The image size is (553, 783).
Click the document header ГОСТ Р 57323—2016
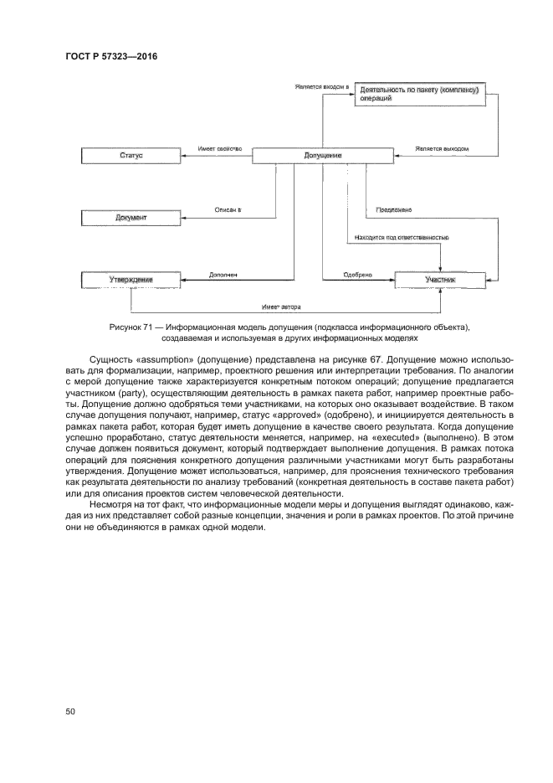coord(111,57)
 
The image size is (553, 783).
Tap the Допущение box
coord(322,156)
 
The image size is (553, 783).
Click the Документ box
coord(131,218)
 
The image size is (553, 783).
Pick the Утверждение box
coord(131,280)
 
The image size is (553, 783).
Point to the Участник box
coord(441,280)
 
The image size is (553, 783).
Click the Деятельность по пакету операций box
coord(418,93)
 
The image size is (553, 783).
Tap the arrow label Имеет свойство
coord(220,149)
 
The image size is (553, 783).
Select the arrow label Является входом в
coord(321,86)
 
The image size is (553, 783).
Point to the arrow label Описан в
coord(228,210)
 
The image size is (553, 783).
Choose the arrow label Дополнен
coord(223,273)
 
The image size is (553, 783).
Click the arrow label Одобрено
coord(357,274)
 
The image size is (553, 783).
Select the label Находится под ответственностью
coord(402,238)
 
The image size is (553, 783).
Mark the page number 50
coord(70,712)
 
